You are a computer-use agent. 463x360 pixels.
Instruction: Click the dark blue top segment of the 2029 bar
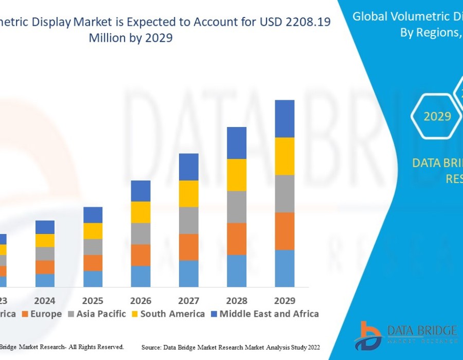(x=284, y=119)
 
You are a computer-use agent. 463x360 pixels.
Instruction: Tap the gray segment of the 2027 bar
(x=188, y=221)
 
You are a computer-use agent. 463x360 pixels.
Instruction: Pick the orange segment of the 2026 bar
(x=140, y=255)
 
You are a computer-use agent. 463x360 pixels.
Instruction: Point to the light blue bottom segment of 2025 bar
(x=93, y=279)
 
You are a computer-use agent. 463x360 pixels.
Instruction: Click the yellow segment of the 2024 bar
(x=45, y=241)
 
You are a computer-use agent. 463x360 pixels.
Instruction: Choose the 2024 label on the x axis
(x=45, y=300)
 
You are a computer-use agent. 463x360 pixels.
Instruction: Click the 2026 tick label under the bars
(x=140, y=300)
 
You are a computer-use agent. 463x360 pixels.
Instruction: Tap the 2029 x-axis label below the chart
(x=284, y=300)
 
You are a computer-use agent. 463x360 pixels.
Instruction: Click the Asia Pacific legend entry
(x=97, y=314)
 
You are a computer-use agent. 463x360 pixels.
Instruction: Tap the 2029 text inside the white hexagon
(x=437, y=117)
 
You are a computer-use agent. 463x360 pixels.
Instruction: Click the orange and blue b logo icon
(x=368, y=335)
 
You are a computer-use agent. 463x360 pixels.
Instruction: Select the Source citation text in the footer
(x=230, y=348)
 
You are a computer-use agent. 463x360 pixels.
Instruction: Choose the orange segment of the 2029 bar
(x=284, y=231)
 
